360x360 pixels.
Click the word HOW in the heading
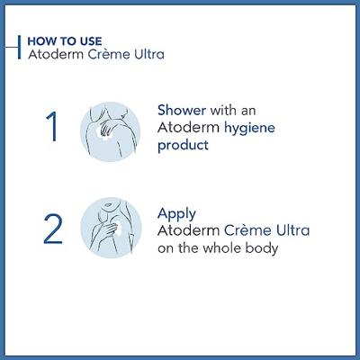pyautogui.click(x=40, y=41)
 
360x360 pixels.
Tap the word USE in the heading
pyautogui.click(x=91, y=41)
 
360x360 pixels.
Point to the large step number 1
pyautogui.click(x=51, y=126)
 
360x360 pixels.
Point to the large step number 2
pyautogui.click(x=53, y=229)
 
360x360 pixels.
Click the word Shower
pyautogui.click(x=182, y=110)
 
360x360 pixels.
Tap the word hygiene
pyautogui.click(x=249, y=129)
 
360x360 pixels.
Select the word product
pyautogui.click(x=183, y=146)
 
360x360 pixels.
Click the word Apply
pyautogui.click(x=176, y=214)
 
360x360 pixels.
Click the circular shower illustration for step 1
pyautogui.click(x=110, y=131)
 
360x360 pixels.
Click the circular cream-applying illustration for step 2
pyautogui.click(x=111, y=228)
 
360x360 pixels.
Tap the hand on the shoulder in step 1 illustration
pyautogui.click(x=105, y=129)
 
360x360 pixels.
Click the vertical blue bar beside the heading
pyautogui.click(x=20, y=47)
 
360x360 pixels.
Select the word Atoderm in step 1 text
pyautogui.click(x=189, y=128)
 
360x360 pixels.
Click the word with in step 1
pyautogui.click(x=222, y=110)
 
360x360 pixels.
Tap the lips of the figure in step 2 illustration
pyautogui.click(x=108, y=204)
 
